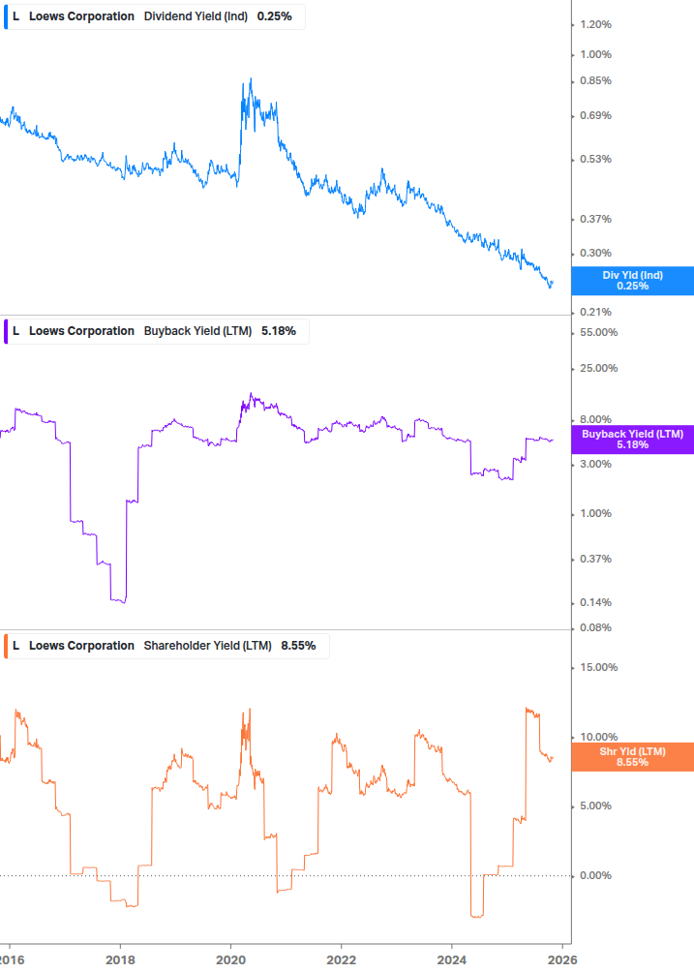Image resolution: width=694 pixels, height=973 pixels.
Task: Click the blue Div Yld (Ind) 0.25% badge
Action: (x=633, y=281)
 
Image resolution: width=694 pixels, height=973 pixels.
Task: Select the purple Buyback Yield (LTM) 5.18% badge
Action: (x=632, y=440)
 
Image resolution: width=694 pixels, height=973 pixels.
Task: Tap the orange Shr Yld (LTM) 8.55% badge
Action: (x=632, y=757)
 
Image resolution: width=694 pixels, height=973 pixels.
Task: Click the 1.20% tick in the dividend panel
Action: (x=595, y=24)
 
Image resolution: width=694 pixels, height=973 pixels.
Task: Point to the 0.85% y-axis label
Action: (x=595, y=81)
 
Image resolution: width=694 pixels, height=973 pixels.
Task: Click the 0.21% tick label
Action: (x=595, y=312)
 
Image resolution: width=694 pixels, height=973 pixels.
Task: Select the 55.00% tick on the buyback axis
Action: (x=597, y=333)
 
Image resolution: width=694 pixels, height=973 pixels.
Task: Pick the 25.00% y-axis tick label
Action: (x=597, y=369)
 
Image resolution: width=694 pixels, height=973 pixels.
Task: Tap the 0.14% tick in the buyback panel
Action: (x=595, y=603)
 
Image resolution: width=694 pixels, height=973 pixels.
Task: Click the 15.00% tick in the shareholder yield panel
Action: (x=597, y=667)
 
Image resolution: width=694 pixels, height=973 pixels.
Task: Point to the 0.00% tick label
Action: (x=595, y=876)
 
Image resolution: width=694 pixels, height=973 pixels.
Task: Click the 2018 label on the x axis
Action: (x=120, y=958)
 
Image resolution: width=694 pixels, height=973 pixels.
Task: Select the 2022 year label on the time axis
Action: (x=341, y=958)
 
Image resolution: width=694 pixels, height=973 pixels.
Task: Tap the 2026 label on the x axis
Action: (x=562, y=958)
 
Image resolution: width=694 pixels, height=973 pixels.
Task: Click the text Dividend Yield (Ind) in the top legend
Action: (x=196, y=16)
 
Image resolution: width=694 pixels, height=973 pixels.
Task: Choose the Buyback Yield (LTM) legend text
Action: (x=197, y=331)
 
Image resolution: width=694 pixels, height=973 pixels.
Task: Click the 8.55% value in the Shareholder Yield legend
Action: (x=298, y=646)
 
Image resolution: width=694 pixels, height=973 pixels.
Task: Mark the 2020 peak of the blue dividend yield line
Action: (x=250, y=79)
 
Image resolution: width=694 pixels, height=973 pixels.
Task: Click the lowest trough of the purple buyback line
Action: (x=120, y=602)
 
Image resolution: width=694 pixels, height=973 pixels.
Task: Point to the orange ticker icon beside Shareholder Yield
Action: (x=6, y=646)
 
